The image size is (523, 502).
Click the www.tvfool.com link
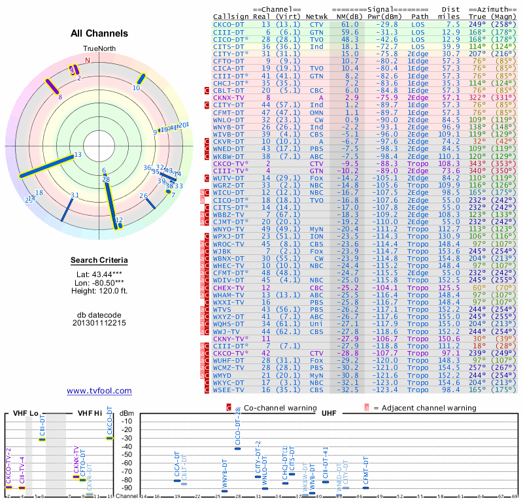99,391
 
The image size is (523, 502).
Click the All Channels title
99,33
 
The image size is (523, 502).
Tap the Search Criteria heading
99,261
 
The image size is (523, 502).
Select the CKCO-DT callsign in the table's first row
229,24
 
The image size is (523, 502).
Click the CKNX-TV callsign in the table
229,97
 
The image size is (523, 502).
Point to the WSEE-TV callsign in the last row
229,390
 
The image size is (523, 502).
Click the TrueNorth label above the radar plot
99,49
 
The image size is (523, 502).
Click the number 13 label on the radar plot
78,154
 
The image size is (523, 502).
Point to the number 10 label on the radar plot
137,88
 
